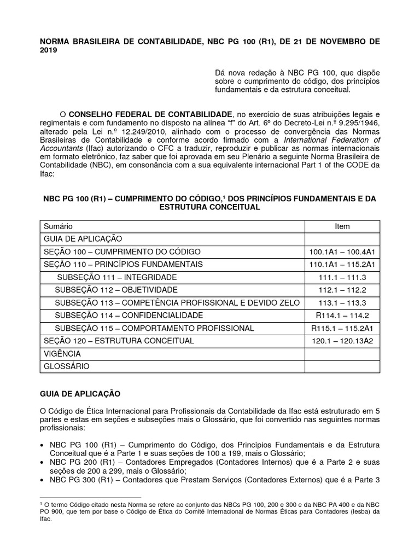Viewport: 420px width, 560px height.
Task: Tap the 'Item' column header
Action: click(342, 226)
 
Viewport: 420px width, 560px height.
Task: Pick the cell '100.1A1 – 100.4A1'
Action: click(342, 252)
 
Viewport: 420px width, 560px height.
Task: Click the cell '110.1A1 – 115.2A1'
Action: click(342, 264)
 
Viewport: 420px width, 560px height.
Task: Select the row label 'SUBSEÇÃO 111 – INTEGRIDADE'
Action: click(113, 277)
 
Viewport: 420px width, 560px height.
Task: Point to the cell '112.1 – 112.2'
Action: click(342, 289)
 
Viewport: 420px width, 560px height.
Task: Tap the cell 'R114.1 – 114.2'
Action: click(342, 316)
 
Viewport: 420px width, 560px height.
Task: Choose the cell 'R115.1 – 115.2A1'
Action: click(342, 328)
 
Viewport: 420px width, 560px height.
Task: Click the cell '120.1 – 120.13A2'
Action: click(342, 341)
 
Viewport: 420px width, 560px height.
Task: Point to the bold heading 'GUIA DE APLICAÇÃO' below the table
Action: click(82, 393)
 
